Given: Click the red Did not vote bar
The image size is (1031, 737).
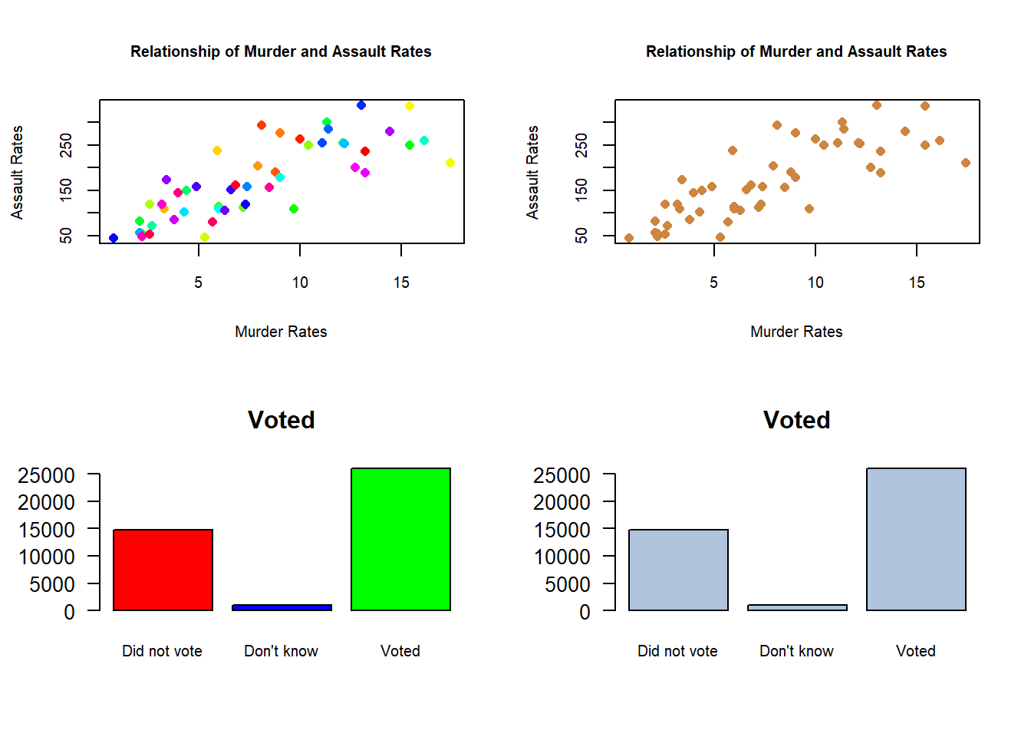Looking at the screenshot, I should tap(163, 570).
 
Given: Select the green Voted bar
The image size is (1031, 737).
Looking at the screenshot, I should tap(400, 539).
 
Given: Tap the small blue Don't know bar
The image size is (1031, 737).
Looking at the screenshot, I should tap(282, 607).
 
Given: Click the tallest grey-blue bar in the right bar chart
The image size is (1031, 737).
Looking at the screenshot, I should tap(916, 539).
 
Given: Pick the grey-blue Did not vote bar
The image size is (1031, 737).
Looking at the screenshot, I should tap(678, 570).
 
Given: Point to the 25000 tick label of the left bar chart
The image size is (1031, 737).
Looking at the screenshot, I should tap(47, 475).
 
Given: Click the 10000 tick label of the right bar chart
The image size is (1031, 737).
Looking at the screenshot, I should tap(562, 557).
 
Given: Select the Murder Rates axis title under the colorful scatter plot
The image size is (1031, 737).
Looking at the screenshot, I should tap(281, 332).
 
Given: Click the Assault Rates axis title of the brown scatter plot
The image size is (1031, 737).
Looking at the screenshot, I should tap(532, 172).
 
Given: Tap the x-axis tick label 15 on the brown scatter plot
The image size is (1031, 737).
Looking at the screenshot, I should tap(917, 283).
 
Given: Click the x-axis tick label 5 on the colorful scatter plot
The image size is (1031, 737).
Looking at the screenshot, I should tap(199, 283).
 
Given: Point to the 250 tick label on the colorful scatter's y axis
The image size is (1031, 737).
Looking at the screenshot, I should tap(67, 145).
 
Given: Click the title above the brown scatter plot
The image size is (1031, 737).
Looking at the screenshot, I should tap(796, 51).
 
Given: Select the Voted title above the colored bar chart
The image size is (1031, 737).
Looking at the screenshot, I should tap(281, 420).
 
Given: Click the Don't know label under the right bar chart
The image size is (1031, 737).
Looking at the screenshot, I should tap(796, 651).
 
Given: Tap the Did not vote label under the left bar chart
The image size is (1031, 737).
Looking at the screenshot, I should tap(162, 651).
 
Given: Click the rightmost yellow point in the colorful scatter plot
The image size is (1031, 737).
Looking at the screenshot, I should tap(450, 163).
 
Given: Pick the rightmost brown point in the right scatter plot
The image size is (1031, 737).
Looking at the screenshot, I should tap(966, 163).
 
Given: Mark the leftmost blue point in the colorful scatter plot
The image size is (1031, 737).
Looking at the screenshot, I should tap(114, 238).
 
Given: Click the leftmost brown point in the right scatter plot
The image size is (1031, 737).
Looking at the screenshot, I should tap(629, 238).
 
